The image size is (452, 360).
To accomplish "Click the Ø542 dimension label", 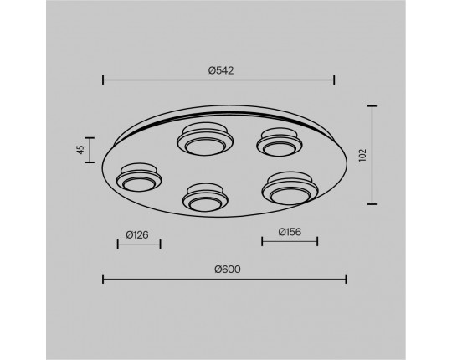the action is (x=221, y=70).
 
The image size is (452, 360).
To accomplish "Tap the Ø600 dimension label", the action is (x=228, y=270).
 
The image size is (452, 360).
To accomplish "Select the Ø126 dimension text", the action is (x=137, y=235).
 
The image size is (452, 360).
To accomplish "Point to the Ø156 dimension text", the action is (x=290, y=232).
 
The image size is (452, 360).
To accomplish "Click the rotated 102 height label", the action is (x=362, y=155).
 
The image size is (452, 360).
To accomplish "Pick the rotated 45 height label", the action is (x=80, y=150).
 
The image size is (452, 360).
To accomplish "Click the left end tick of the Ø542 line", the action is (x=103, y=80).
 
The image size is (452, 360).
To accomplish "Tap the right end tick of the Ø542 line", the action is (x=334, y=80).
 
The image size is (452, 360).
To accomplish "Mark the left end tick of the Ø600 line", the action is (x=103, y=279).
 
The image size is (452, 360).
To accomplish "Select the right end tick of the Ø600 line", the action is (x=346, y=279).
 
